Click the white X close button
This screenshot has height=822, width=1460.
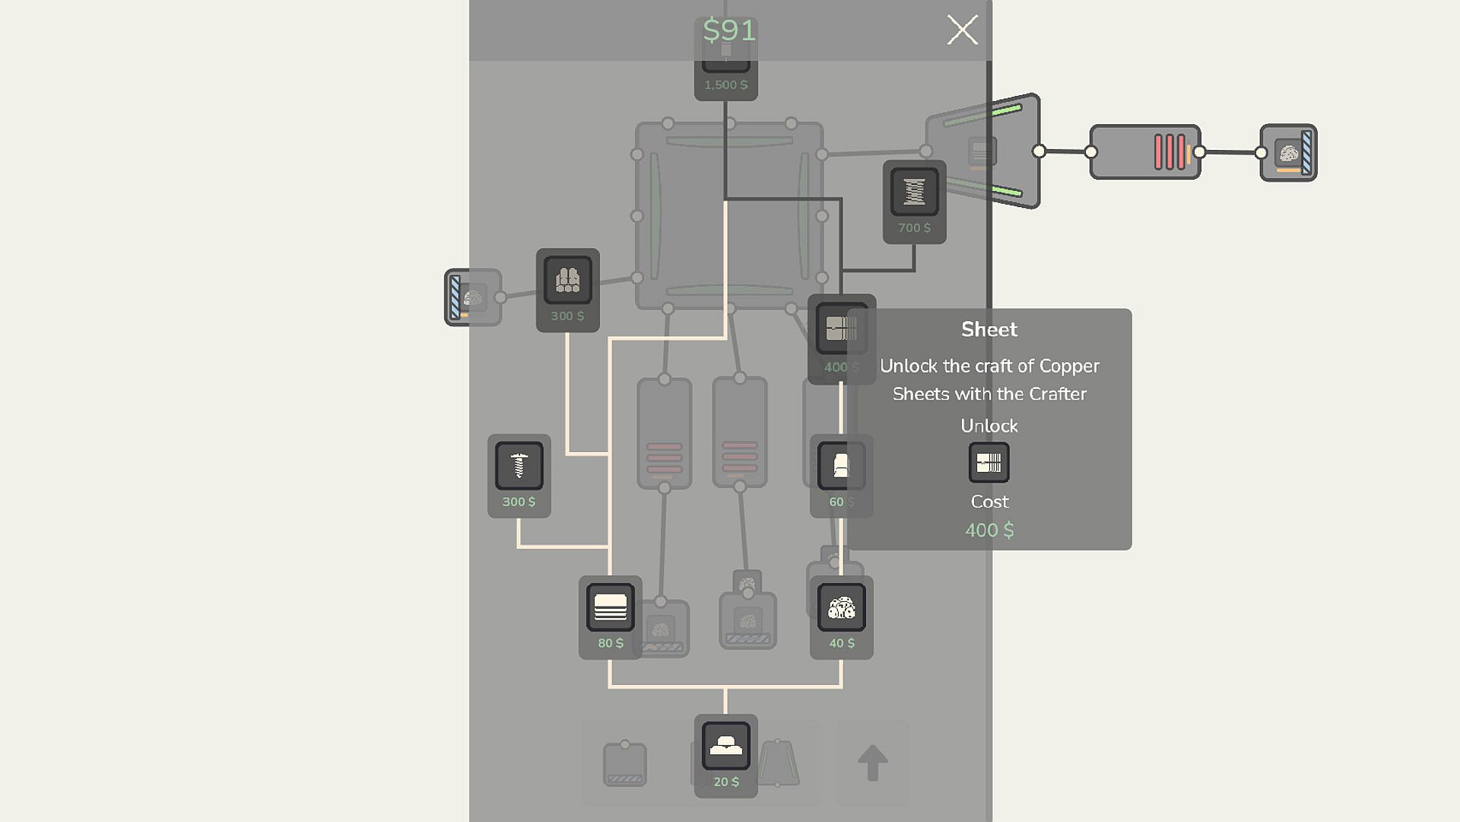(x=962, y=30)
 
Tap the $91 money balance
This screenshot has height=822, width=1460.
(x=729, y=30)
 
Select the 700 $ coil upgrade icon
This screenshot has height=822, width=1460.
(x=914, y=192)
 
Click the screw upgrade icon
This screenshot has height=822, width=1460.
(x=519, y=466)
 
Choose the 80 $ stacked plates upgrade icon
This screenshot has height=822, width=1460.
(x=611, y=607)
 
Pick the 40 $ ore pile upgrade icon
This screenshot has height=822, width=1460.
(x=842, y=607)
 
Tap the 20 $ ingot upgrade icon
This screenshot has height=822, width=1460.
(x=726, y=746)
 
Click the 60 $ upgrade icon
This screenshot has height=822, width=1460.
(x=842, y=466)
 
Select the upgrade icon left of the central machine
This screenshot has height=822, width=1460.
(x=568, y=280)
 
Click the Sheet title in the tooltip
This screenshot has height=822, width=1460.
(x=989, y=330)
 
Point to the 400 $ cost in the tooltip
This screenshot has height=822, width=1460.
(x=989, y=530)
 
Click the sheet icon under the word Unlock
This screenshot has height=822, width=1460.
(x=989, y=463)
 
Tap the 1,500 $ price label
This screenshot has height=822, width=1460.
(x=726, y=85)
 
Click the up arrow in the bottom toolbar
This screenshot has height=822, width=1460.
(x=873, y=763)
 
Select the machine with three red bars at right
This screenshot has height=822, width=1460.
(x=1145, y=152)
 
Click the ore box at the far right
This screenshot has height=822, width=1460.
(x=1289, y=153)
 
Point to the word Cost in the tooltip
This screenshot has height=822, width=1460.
(x=989, y=502)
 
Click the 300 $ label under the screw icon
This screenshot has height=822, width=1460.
(x=519, y=502)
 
